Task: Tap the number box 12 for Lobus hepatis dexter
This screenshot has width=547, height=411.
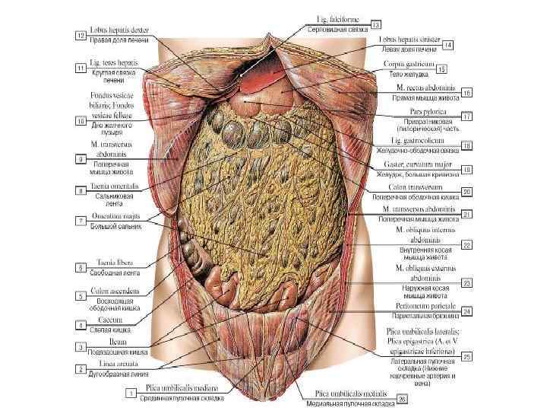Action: (x=79, y=35)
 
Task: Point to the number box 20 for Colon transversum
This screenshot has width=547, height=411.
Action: (x=467, y=191)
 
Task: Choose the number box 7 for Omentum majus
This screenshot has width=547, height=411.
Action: (x=79, y=221)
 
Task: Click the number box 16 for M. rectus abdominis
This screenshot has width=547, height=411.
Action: (x=467, y=93)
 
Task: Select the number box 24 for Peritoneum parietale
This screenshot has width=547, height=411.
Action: (x=467, y=311)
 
